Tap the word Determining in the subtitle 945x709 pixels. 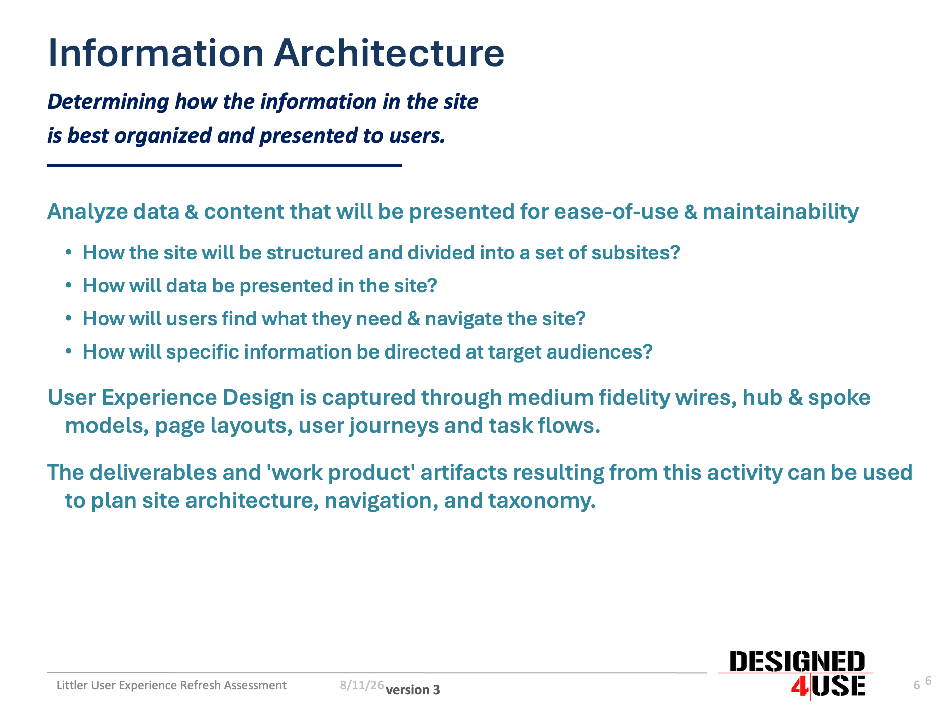[x=108, y=102]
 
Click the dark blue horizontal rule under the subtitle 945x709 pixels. [x=224, y=165]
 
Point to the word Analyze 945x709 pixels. [x=88, y=212]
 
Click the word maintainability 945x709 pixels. [x=780, y=212]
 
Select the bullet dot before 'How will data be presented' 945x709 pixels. [x=69, y=286]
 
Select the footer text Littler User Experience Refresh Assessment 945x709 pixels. [x=171, y=685]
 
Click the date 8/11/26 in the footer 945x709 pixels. [x=362, y=685]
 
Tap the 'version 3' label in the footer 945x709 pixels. [x=413, y=690]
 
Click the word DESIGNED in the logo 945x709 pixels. [x=797, y=662]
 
